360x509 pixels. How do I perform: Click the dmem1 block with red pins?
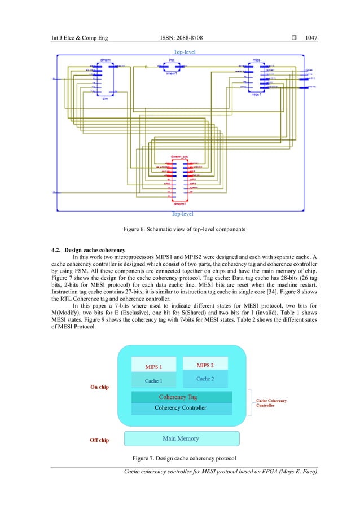(x=179, y=179)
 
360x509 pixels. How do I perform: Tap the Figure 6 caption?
(x=180, y=229)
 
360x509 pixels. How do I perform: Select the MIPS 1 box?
(x=153, y=365)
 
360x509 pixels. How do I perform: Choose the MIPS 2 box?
(x=205, y=365)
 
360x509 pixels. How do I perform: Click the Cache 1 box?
(x=153, y=380)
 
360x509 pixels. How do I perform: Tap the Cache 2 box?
(x=205, y=378)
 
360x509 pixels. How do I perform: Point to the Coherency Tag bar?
(x=181, y=397)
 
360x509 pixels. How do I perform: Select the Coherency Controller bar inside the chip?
(x=181, y=407)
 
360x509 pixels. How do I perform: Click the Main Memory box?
(x=181, y=438)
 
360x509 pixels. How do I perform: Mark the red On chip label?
(x=100, y=387)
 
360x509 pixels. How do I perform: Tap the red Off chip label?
(x=100, y=440)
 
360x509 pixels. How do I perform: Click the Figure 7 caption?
(x=180, y=456)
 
